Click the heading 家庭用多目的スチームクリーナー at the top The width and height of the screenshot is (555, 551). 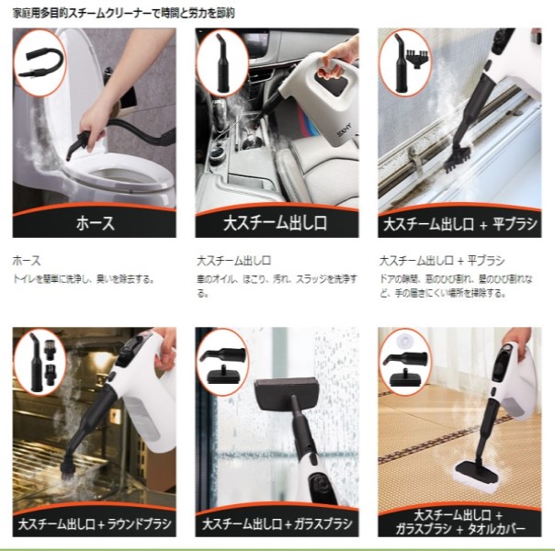pyautogui.click(x=110, y=14)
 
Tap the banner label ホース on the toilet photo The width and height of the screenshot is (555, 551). pyautogui.click(x=94, y=223)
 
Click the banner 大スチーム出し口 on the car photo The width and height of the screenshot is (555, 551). pyautogui.click(x=277, y=223)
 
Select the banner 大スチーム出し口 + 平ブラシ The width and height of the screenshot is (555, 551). pyautogui.click(x=459, y=223)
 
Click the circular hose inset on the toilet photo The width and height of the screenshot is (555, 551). pyautogui.click(x=40, y=62)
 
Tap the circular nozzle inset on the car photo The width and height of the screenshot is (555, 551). pyautogui.click(x=222, y=62)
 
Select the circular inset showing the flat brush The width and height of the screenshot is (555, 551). pyautogui.click(x=405, y=62)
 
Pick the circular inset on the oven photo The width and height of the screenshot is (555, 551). pyautogui.click(x=40, y=361)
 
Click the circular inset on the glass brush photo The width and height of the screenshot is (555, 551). pyautogui.click(x=222, y=361)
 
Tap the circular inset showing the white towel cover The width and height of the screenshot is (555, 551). pyautogui.click(x=405, y=361)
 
